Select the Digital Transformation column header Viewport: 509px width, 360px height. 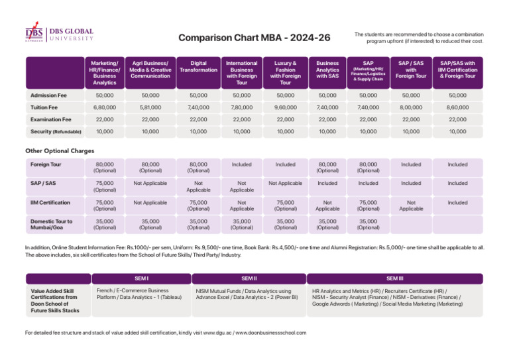pos(199,66)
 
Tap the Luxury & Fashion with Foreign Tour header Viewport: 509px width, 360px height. pos(286,72)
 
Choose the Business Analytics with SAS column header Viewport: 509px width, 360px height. pos(327,70)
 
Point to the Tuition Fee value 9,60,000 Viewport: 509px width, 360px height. pos(286,107)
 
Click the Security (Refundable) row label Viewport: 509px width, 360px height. pos(55,131)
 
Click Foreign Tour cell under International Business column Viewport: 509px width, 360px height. pos(242,164)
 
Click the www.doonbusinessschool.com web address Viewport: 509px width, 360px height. pos(271,332)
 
